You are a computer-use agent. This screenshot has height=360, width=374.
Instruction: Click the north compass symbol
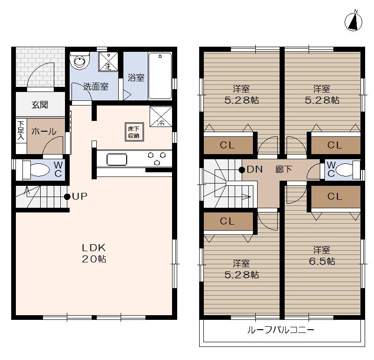pos(355,21)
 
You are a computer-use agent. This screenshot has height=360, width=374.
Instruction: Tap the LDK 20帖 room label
pos(94,253)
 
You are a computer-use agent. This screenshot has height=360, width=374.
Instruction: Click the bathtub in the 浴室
pos(160,76)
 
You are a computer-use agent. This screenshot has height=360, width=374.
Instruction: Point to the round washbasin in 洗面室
pos(80,62)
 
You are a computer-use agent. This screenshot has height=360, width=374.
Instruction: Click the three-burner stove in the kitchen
pos(157,158)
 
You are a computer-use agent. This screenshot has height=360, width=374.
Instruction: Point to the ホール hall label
pos(43,132)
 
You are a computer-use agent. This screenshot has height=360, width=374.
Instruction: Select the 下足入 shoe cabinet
pos(21,131)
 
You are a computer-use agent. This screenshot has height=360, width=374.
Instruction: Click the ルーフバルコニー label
pos(280,330)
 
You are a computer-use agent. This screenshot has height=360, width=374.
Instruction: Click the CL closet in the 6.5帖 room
pos(334,197)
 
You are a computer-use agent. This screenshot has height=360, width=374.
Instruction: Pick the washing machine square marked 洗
pos(108,62)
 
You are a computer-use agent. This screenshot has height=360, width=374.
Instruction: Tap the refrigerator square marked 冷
pos(161,117)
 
